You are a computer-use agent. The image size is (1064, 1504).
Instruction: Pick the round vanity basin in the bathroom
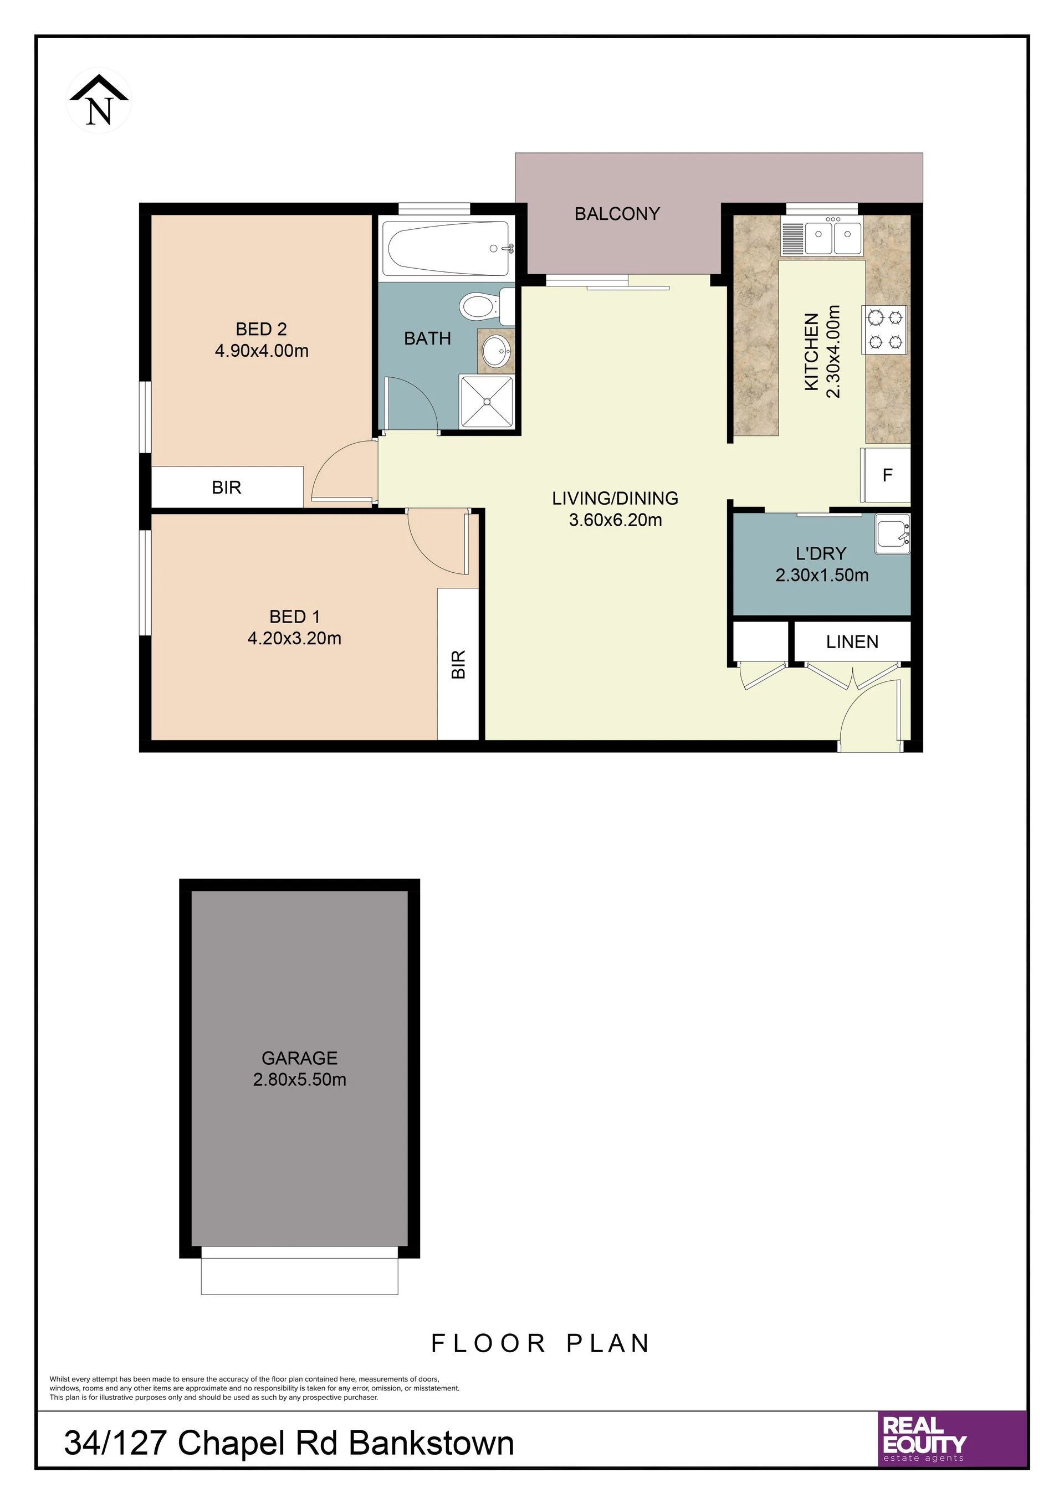click(496, 352)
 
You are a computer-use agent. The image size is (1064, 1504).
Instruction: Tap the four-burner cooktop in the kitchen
click(885, 330)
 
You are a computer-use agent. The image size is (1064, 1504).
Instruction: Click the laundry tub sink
click(892, 535)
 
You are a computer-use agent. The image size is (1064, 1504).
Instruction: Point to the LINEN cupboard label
click(852, 642)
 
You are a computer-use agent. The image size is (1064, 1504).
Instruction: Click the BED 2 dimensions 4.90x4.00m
click(262, 351)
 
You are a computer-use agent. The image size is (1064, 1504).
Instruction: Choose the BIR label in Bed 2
click(227, 487)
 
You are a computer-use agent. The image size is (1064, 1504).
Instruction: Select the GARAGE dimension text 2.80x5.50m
click(299, 1080)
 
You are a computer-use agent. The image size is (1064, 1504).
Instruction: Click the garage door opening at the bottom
click(299, 1271)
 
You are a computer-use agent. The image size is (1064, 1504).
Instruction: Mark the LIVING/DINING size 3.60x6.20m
click(615, 520)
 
